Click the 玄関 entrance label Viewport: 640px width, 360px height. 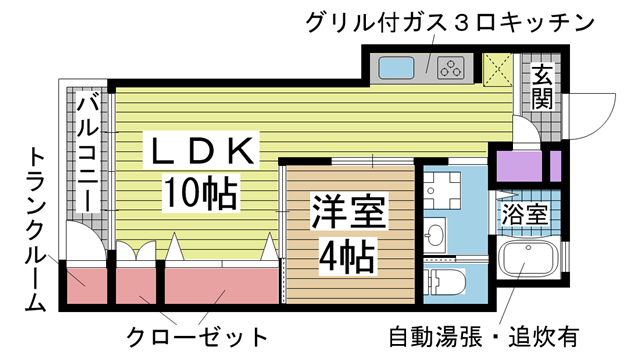541,87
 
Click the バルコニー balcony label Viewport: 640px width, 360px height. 87,150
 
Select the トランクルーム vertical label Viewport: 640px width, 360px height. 35,230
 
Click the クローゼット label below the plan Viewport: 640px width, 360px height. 198,334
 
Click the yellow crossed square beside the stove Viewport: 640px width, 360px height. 497,68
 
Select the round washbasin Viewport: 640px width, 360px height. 435,236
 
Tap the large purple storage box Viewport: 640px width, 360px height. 518,166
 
